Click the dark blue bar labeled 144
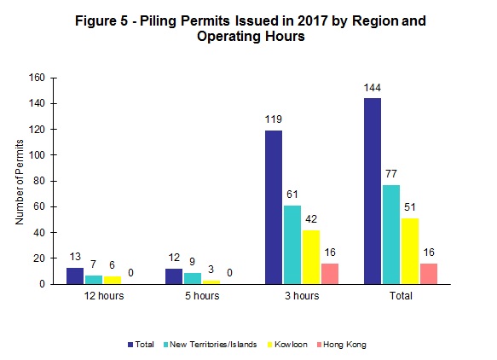click(x=373, y=191)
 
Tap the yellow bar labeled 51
click(x=408, y=251)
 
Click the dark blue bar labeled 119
click(x=273, y=207)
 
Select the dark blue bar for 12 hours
click(x=75, y=276)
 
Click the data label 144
click(x=373, y=90)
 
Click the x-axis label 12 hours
click(x=101, y=297)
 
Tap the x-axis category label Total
click(x=400, y=297)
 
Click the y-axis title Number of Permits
click(x=19, y=181)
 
